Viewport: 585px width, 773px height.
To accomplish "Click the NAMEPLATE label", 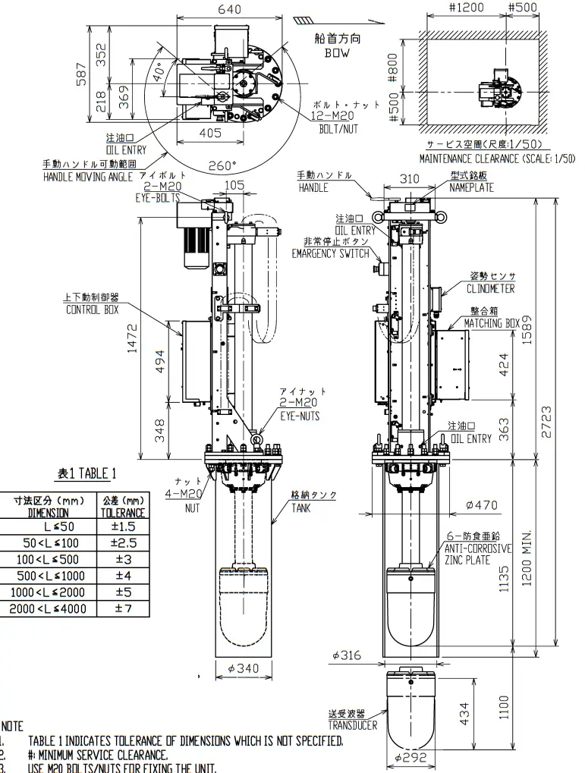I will coord(471,187).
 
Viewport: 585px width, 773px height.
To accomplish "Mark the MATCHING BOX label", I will coord(493,323).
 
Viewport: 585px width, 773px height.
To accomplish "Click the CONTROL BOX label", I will coord(93,309).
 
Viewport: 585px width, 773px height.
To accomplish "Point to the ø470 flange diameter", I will coord(480,504).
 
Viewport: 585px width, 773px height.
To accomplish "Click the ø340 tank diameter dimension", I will coord(243,668).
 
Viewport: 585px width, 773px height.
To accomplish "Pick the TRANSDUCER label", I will coord(352,724).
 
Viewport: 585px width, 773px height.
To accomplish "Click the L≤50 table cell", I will coord(49,526).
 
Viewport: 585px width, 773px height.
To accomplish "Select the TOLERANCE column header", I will coord(122,512).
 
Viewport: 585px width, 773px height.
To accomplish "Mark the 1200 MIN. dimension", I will coord(527,558).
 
